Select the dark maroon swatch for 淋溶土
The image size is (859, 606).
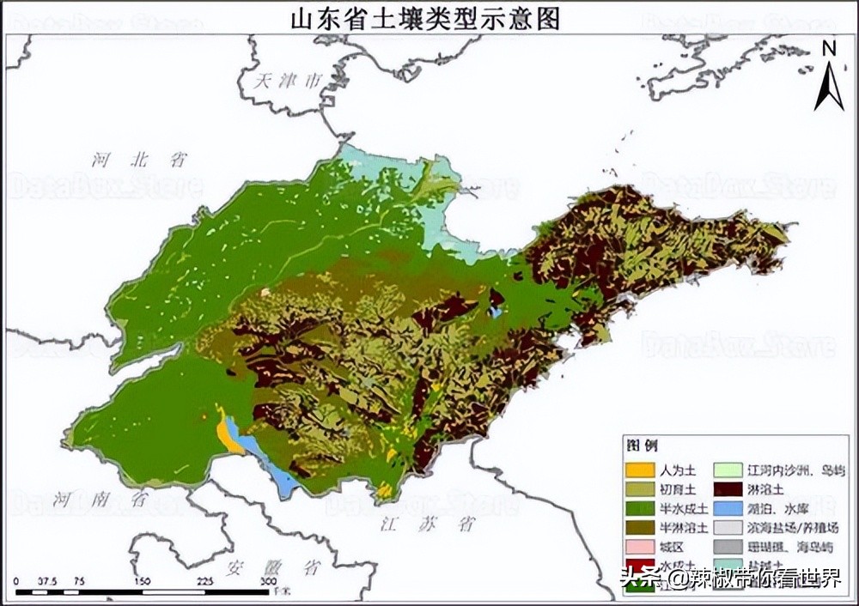[729, 489]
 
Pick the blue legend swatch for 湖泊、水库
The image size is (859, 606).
[729, 508]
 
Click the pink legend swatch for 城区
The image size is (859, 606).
[640, 546]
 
